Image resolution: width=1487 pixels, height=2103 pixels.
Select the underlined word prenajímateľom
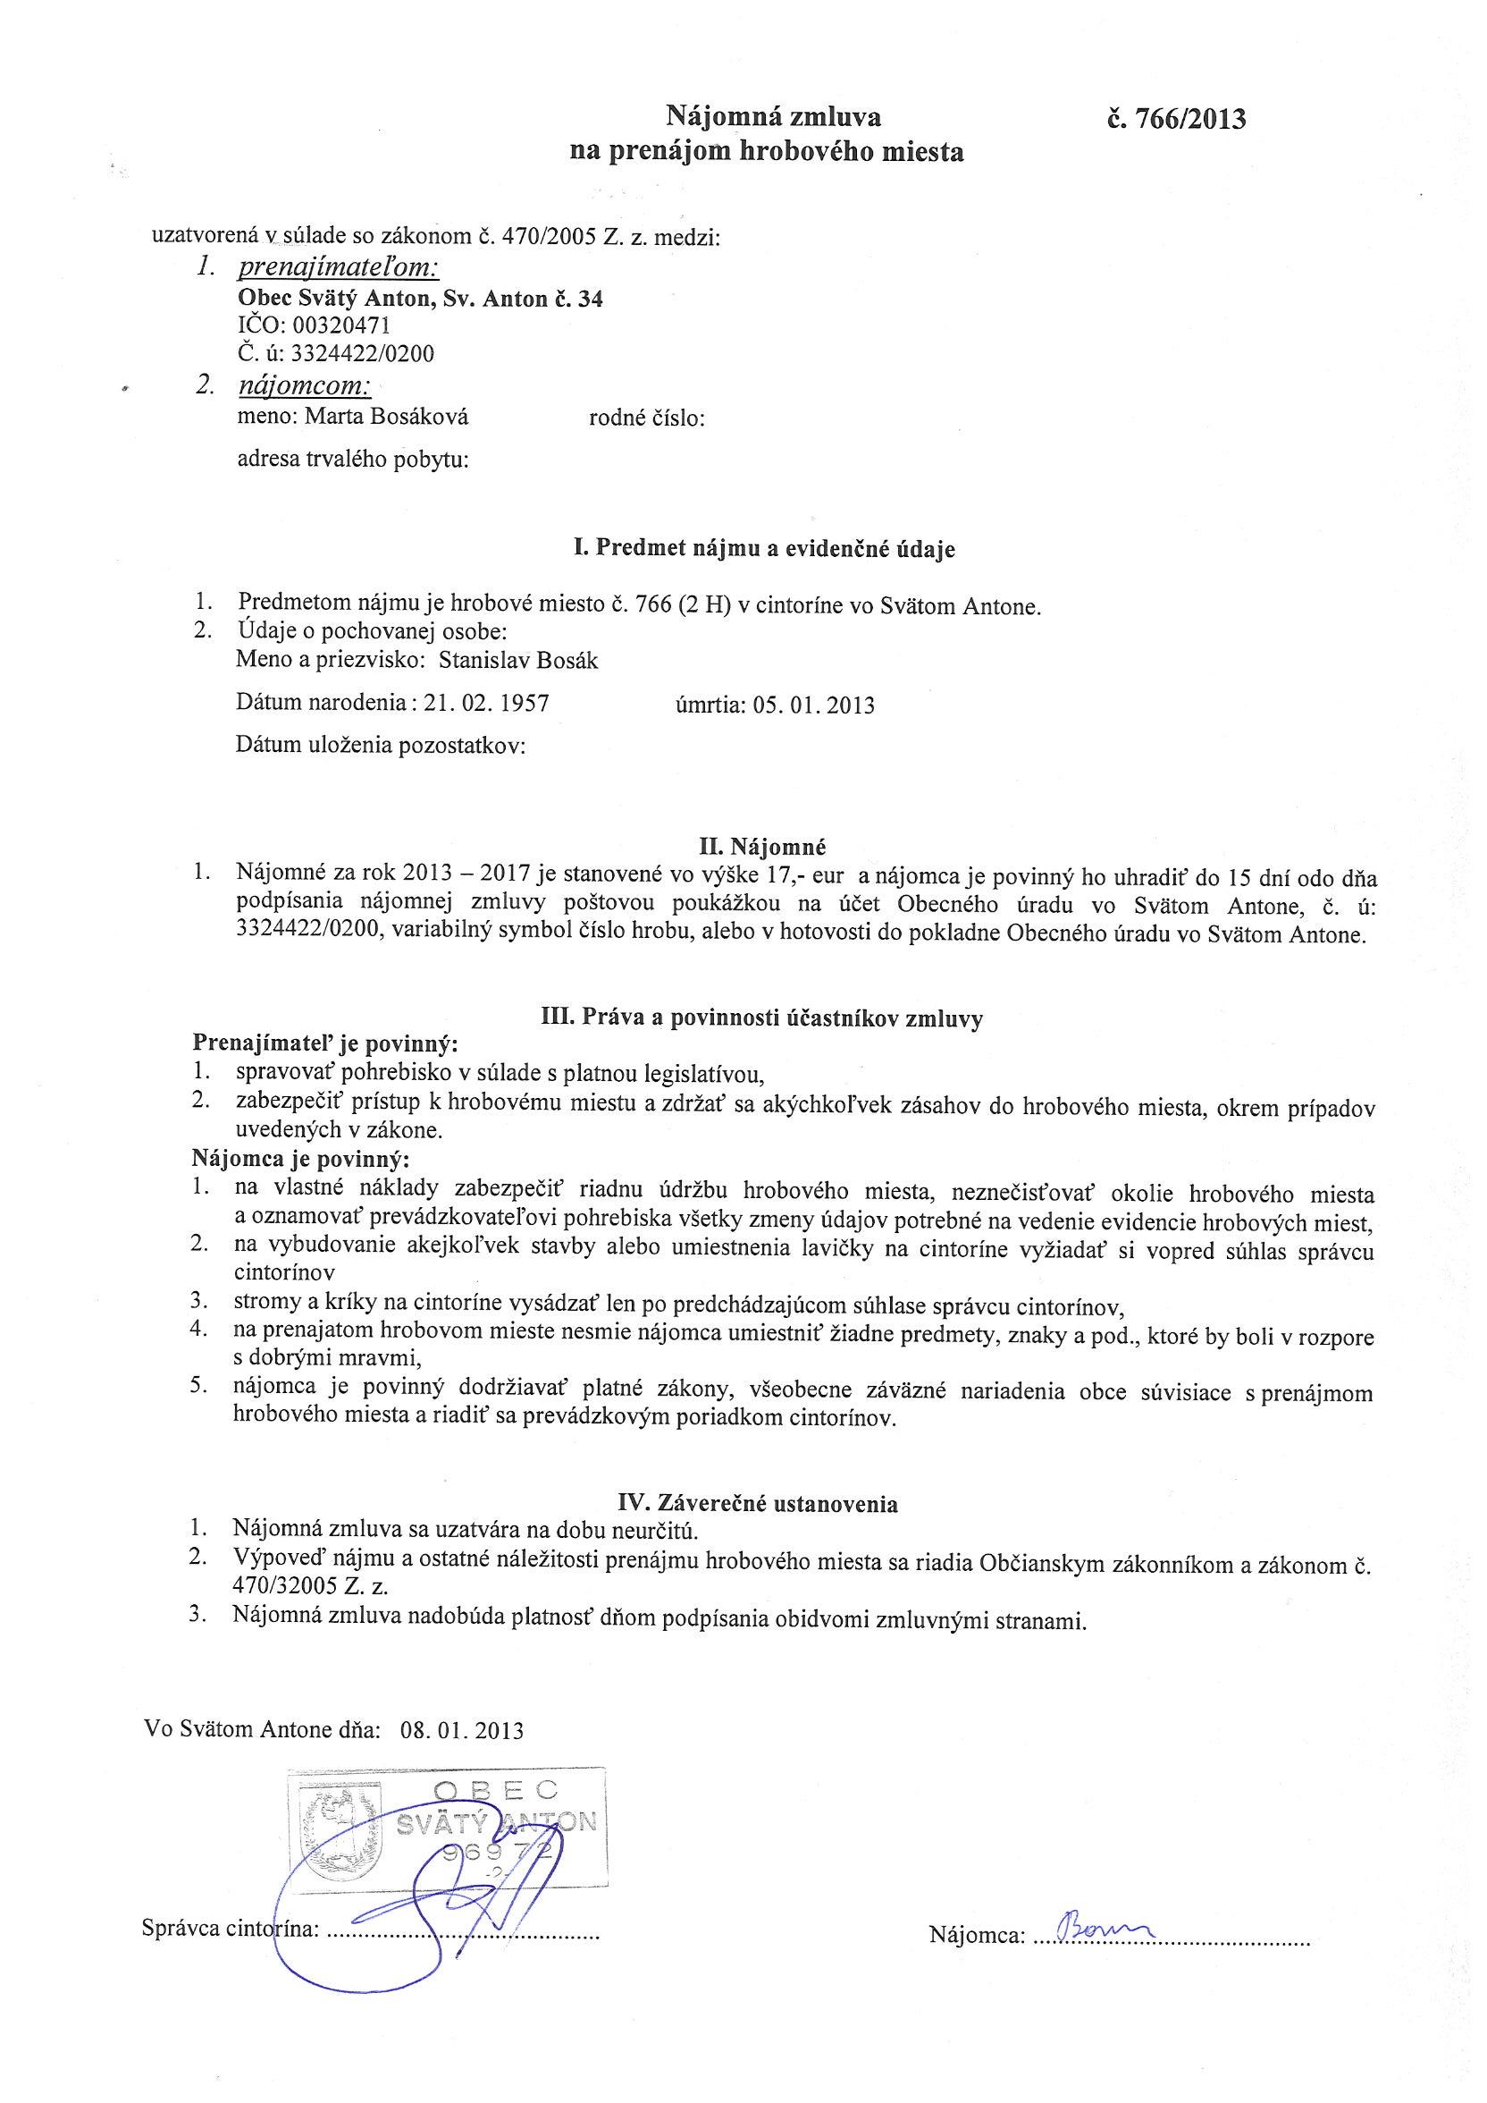(x=338, y=267)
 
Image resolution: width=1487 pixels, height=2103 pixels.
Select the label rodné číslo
(x=646, y=419)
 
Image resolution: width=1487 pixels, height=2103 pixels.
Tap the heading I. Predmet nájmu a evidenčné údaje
(x=763, y=549)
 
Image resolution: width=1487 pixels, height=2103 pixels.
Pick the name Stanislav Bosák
(x=519, y=661)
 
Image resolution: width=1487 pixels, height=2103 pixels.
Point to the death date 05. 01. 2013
(x=813, y=705)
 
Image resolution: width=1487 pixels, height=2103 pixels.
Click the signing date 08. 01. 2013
(x=461, y=1730)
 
